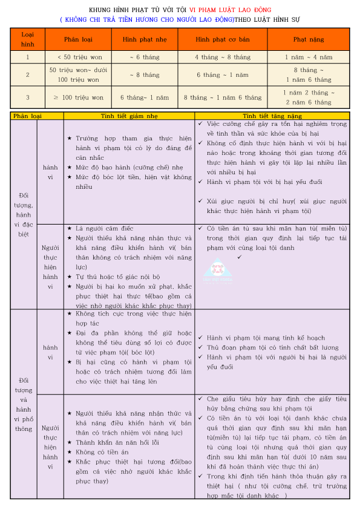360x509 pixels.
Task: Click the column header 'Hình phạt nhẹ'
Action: pos(145,39)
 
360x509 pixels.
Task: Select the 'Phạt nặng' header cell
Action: pos(309,39)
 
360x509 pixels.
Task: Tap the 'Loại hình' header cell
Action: pos(28,39)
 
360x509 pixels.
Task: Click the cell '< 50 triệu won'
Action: pos(78,57)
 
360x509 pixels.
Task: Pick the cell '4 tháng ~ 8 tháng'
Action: pos(222,57)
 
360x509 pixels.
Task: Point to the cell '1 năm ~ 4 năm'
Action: pos(309,57)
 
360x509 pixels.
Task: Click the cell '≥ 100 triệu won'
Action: pos(78,97)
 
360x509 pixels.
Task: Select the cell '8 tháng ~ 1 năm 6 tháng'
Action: pos(222,97)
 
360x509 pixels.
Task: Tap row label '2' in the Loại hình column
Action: pos(28,75)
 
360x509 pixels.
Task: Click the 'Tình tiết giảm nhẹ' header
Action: pos(129,115)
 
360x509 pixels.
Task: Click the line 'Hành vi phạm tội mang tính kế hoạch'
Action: pos(266,338)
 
